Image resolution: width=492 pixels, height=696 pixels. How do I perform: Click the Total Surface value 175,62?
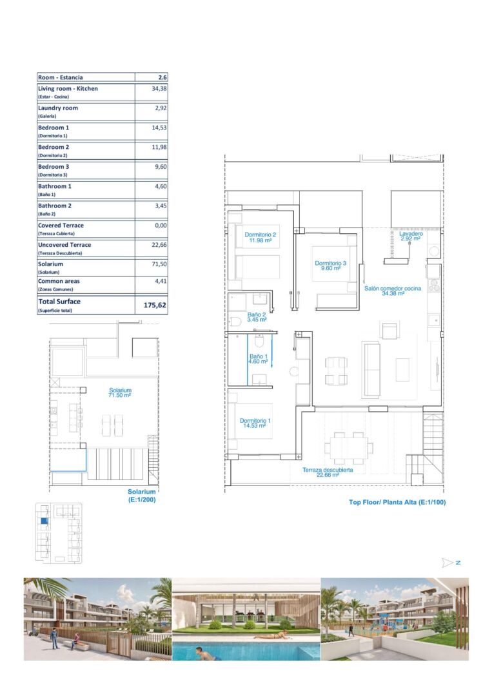[x=155, y=305]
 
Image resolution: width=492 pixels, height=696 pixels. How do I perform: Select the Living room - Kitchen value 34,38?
[x=159, y=89]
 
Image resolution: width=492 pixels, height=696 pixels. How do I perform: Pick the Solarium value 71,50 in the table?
[x=159, y=264]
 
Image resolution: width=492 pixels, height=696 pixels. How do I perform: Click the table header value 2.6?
[x=162, y=77]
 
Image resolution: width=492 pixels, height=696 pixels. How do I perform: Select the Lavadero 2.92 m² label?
[x=411, y=236]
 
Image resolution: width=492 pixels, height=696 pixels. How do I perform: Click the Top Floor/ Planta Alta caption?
[x=397, y=502]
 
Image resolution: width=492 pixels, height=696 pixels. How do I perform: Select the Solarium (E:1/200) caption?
[x=142, y=496]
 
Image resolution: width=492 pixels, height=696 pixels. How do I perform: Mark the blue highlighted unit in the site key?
[x=43, y=521]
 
